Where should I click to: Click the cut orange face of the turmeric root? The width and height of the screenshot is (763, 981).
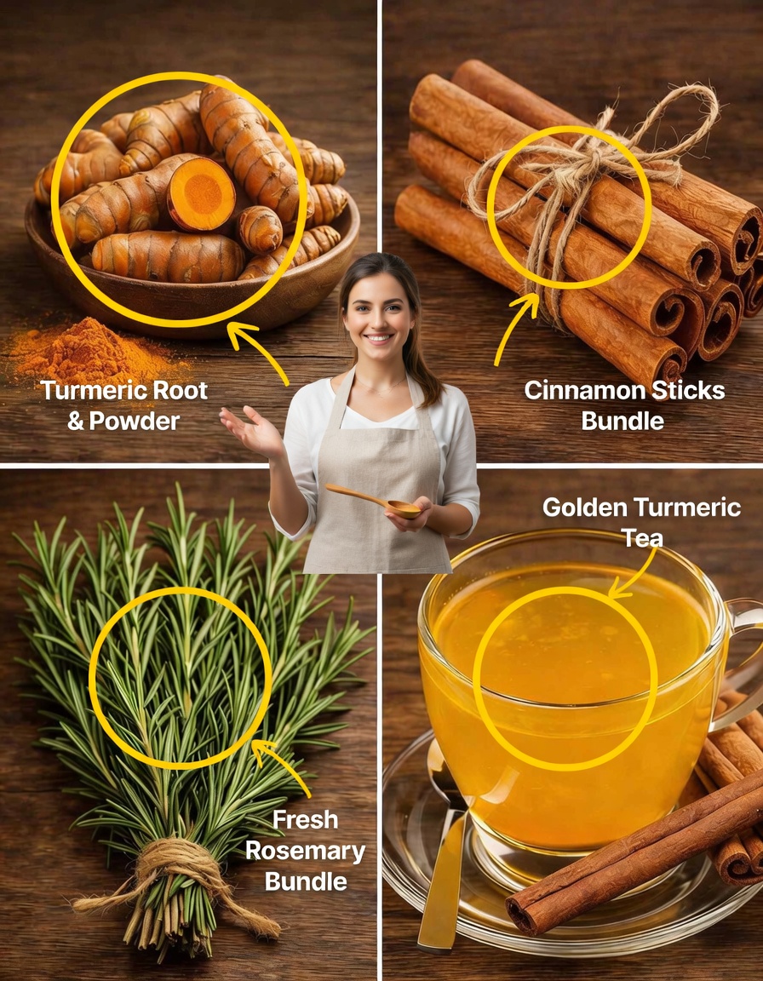click(x=202, y=194)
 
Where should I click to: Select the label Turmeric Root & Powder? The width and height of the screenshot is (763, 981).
click(x=124, y=404)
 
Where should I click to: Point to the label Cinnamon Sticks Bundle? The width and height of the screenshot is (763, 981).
click(x=624, y=404)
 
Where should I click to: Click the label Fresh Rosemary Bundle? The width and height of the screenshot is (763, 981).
click(x=314, y=850)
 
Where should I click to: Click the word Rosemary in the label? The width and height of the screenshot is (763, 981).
click(x=314, y=850)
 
